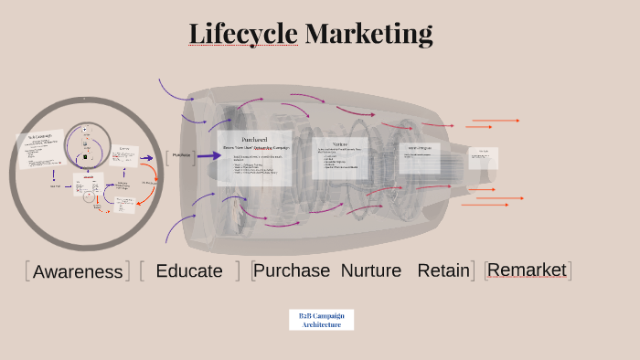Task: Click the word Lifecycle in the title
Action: click(x=243, y=34)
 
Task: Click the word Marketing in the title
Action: click(x=368, y=34)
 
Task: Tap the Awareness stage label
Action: click(x=78, y=271)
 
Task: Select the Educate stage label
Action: click(x=189, y=270)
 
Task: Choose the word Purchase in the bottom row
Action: click(x=293, y=270)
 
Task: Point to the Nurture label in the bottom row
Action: click(x=371, y=270)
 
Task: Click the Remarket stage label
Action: click(x=528, y=270)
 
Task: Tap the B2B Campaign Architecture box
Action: click(x=321, y=320)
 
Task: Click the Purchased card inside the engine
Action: click(x=254, y=159)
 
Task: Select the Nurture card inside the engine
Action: click(x=340, y=157)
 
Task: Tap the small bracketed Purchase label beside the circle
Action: click(x=181, y=155)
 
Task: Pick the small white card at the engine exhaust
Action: click(x=483, y=157)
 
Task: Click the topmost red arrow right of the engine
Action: click(x=495, y=121)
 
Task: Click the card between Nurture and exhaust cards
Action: click(x=420, y=157)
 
